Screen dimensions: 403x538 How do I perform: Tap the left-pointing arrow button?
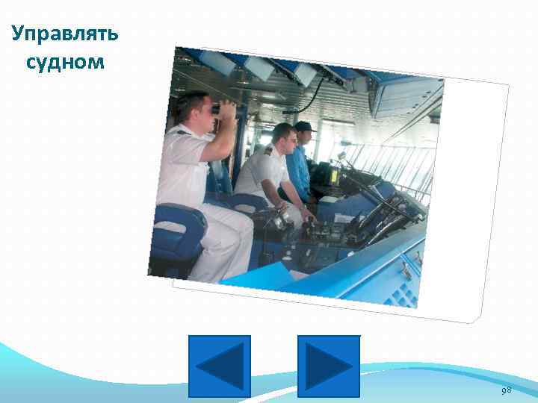pyautogui.click(x=220, y=366)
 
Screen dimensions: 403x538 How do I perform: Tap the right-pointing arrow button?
pyautogui.click(x=329, y=366)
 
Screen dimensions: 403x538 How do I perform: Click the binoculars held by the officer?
pyautogui.click(x=223, y=110)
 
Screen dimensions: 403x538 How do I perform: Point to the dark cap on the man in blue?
pyautogui.click(x=303, y=127)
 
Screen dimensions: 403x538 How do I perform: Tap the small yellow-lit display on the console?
pyautogui.click(x=334, y=176)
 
